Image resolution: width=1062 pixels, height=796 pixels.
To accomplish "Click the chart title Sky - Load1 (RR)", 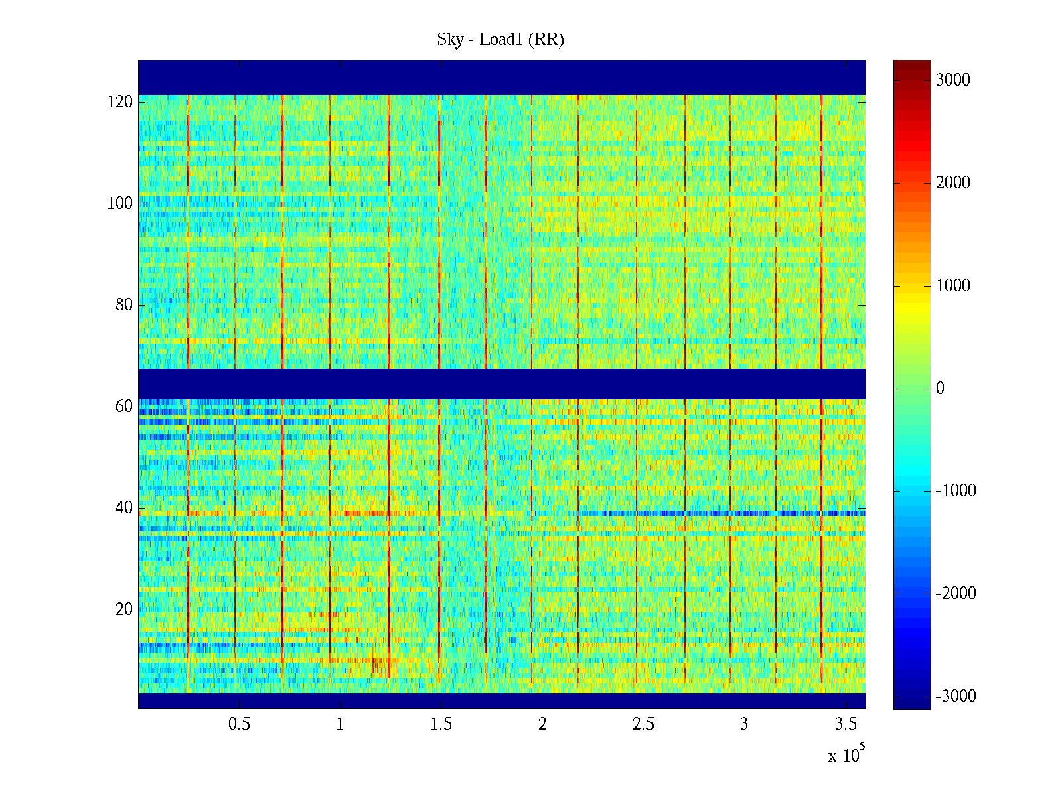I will point(500,40).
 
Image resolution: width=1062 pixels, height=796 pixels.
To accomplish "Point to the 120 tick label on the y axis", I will point(120,102).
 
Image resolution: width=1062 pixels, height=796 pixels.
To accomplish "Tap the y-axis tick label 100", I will point(120,204).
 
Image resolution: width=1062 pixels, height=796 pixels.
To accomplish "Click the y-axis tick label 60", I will point(124,407).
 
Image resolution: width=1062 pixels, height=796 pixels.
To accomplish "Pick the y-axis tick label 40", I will point(124,508).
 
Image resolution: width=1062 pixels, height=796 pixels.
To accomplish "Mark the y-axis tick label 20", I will point(124,610).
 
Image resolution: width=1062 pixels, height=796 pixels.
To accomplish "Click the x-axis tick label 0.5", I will point(239,724).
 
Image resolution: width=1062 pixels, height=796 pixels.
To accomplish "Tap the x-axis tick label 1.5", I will point(441,724).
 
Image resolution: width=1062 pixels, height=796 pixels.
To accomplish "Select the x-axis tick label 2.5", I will point(643,724).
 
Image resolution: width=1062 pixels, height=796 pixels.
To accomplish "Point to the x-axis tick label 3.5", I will point(845,724).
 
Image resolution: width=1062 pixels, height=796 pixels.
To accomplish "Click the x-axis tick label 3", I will point(744,724).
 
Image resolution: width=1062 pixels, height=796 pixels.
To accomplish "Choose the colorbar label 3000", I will point(953,80).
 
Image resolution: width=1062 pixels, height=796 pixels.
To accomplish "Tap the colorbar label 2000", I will point(953,183).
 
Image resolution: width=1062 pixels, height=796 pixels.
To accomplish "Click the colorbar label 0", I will point(940,389).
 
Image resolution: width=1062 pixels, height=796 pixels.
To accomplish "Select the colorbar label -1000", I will point(956,491).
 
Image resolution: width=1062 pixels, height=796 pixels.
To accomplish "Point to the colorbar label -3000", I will point(956,696).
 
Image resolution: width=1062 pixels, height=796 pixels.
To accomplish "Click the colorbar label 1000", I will point(953,286).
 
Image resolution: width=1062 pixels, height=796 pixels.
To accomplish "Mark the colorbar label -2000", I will point(956,594).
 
